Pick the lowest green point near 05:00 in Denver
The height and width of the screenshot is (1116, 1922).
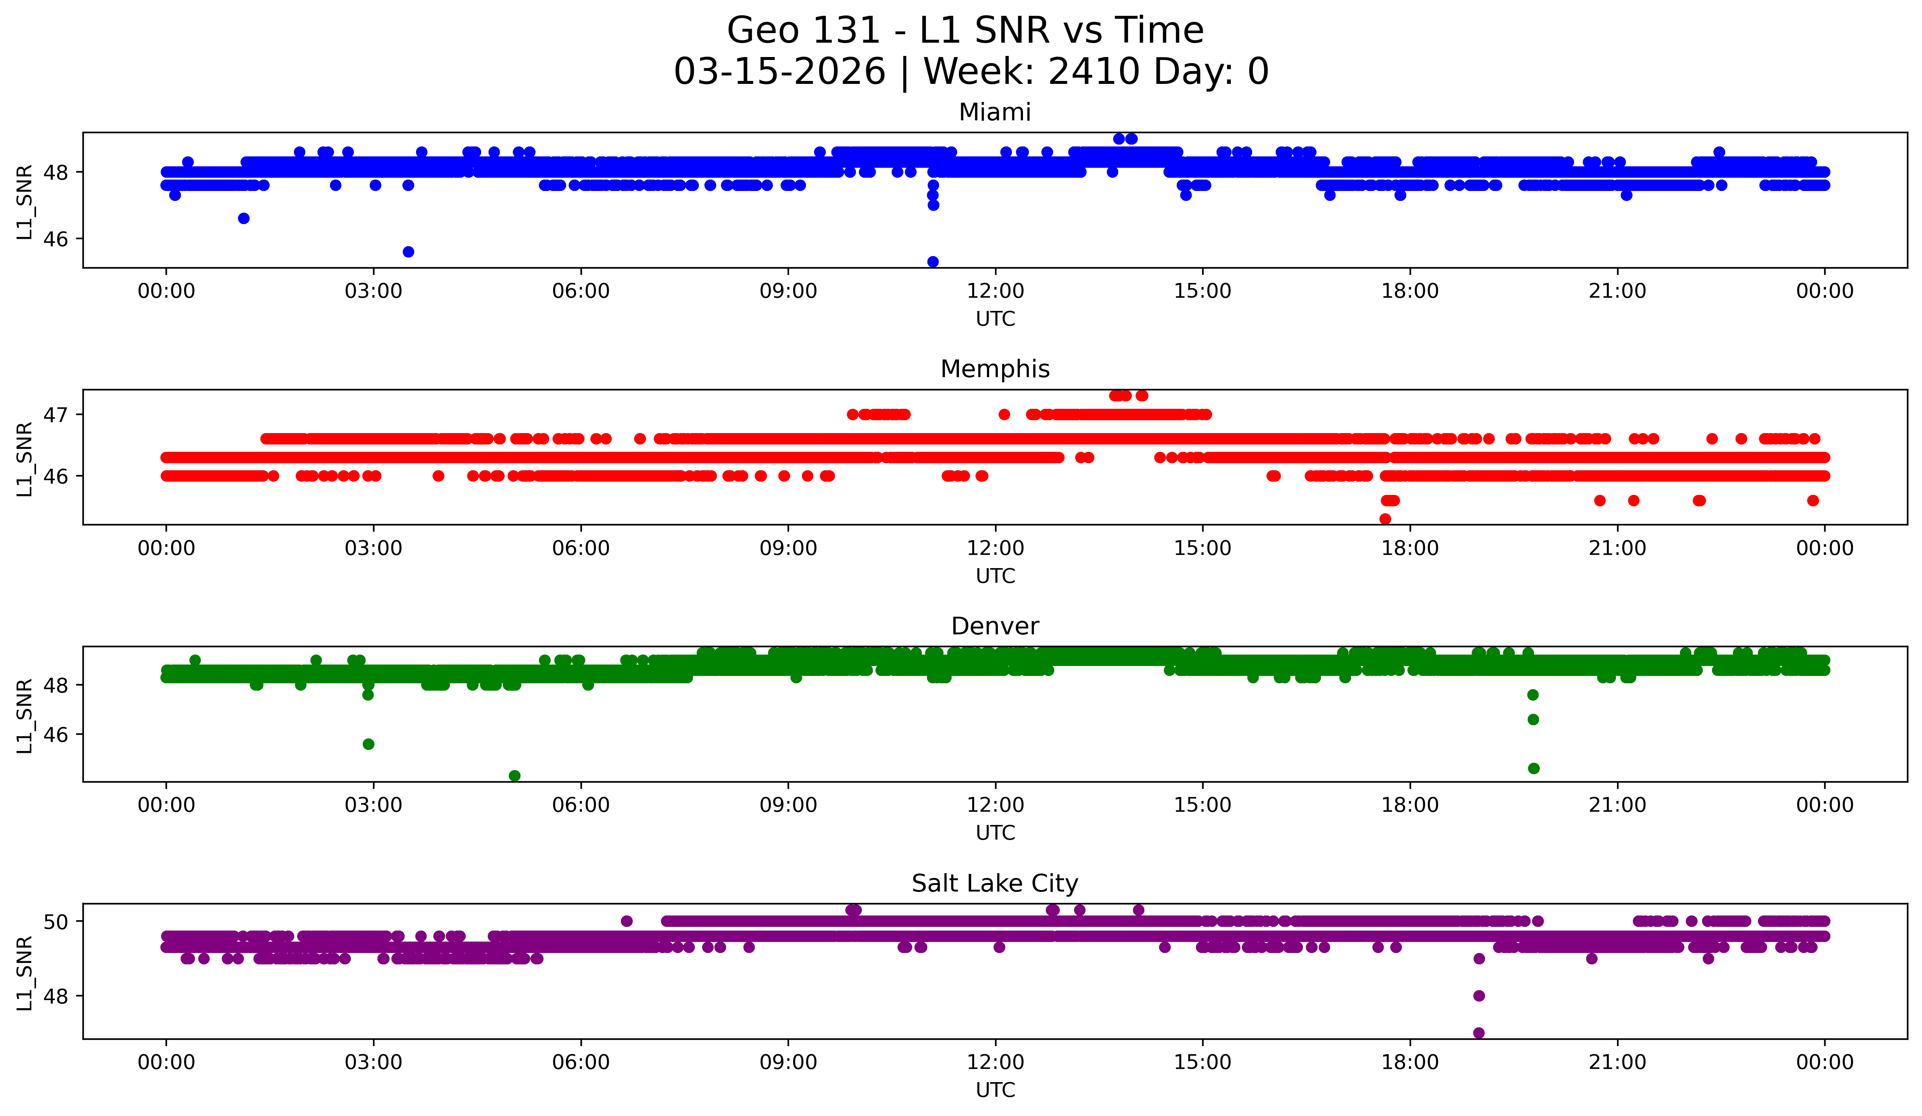click(515, 776)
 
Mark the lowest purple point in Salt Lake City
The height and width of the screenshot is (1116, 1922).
click(1479, 1033)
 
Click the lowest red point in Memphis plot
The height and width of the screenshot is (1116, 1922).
click(1385, 519)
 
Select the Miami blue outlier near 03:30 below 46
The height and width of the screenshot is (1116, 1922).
click(408, 252)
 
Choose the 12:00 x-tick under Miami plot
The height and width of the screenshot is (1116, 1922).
click(995, 291)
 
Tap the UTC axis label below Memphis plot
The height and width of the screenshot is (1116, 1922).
click(995, 576)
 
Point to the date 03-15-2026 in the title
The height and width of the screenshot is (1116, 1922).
click(779, 72)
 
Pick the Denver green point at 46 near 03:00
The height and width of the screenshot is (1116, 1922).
click(368, 744)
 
